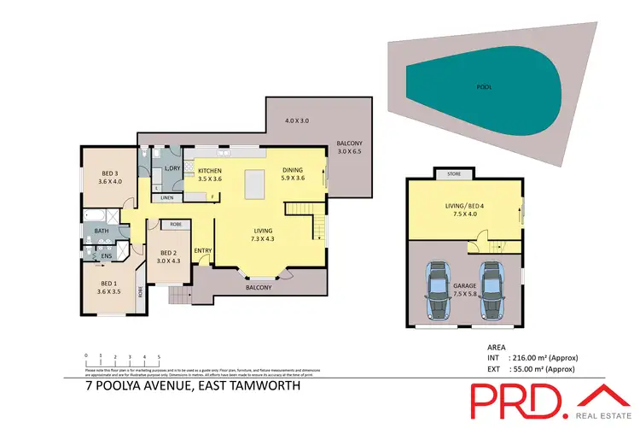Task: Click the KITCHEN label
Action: pyautogui.click(x=209, y=171)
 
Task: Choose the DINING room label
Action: pyautogui.click(x=293, y=171)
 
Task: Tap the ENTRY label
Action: pyautogui.click(x=203, y=250)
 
